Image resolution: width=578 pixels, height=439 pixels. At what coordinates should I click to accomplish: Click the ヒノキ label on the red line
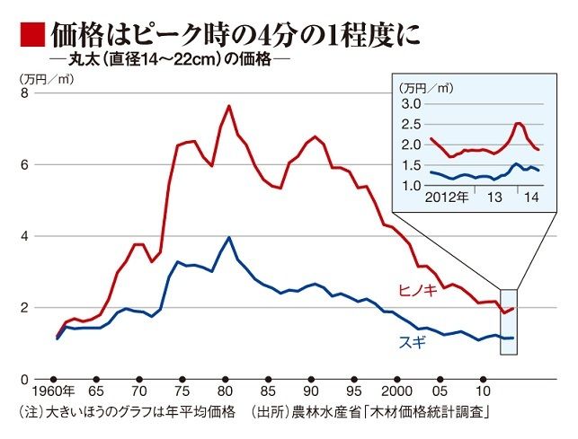[x=419, y=289]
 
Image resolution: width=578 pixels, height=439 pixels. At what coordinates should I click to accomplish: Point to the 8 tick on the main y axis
[x=25, y=93]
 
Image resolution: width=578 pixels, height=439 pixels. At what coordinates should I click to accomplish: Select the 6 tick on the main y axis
[x=25, y=165]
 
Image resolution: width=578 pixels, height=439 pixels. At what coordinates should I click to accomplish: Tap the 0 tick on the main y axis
[x=25, y=380]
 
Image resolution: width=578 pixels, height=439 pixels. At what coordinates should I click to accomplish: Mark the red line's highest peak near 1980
[x=229, y=106]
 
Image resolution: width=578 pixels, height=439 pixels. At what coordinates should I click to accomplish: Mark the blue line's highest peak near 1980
[x=229, y=238]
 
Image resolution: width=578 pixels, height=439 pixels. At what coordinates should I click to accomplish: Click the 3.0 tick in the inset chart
[x=411, y=104]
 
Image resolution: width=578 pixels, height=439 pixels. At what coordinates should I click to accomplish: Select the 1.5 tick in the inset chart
[x=411, y=165]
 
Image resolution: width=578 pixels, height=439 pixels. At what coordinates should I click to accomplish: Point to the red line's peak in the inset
[x=519, y=123]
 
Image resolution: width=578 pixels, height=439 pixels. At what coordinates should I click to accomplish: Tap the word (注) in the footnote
[x=30, y=412]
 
